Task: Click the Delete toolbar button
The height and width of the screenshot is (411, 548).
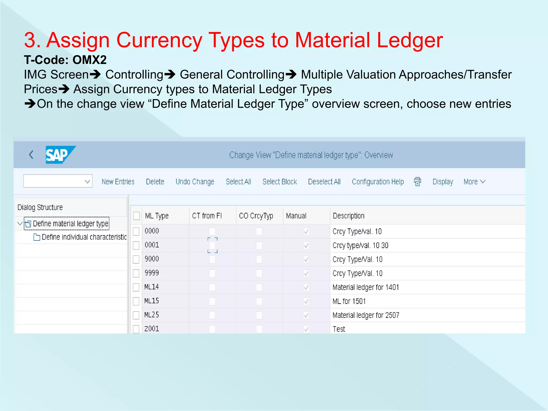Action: point(155,182)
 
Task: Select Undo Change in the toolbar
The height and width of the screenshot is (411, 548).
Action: point(195,182)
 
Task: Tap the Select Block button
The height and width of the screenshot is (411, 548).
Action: point(280,182)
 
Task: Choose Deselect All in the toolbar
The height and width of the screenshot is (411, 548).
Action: point(324,182)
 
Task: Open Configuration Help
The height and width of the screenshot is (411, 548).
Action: point(378,182)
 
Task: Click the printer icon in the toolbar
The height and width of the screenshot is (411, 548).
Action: point(417,181)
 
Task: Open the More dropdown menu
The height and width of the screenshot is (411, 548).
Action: point(474,182)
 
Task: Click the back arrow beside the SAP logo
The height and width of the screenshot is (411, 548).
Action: point(31,154)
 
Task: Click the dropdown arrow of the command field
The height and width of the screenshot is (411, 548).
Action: point(87,181)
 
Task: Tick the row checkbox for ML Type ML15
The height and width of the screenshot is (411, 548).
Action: point(136,301)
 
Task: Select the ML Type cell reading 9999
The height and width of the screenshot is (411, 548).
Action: point(152,273)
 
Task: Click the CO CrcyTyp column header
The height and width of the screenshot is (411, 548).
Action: point(256,216)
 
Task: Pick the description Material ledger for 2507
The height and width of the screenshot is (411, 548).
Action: point(366,315)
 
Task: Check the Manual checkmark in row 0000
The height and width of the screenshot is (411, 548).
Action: point(306,231)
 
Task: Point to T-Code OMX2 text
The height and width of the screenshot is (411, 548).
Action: point(65,60)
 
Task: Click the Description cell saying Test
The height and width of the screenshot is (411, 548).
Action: point(339,329)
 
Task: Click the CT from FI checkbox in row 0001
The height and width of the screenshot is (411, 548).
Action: point(212,245)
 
